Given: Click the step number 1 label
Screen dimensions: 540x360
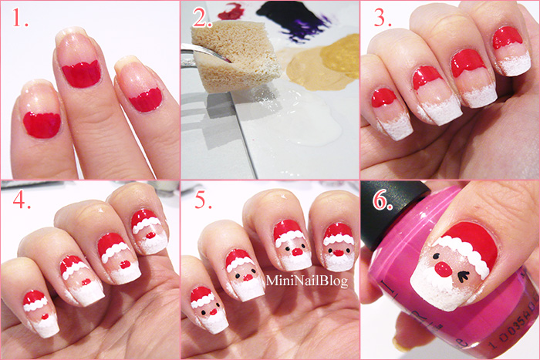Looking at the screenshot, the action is [21, 19].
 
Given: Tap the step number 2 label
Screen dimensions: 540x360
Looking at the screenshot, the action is [202, 18].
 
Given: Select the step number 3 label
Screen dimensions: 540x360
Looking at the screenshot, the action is [383, 19].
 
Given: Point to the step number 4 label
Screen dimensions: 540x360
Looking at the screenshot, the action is [22, 200].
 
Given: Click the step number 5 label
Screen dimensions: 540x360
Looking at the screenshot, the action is [204, 200].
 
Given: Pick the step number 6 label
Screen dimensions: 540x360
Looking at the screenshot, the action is [383, 201].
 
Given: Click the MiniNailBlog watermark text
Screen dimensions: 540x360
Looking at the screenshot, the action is [307, 281].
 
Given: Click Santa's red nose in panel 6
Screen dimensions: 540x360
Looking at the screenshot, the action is [444, 270].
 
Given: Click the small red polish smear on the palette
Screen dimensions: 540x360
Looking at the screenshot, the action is [231, 11].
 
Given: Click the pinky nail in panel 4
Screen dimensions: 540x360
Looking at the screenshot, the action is [39, 312].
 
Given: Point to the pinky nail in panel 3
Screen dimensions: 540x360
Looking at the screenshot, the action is [389, 113].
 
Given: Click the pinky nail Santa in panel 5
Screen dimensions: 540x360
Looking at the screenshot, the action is [208, 311].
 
